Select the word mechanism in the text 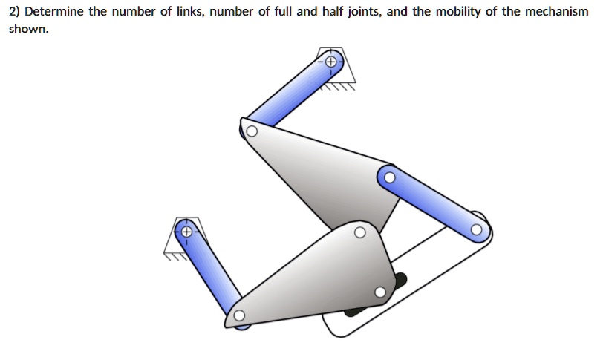tap(555, 12)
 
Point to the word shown tap(28, 30)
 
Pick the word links tap(189, 12)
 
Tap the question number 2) tap(14, 12)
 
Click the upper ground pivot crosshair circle tap(330, 61)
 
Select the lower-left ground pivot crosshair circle tap(186, 232)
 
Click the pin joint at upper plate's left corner tap(252, 132)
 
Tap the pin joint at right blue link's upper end tap(389, 177)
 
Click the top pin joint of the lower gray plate tap(359, 232)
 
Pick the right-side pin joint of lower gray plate tap(380, 292)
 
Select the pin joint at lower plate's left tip tap(238, 316)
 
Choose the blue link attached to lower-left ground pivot tap(209, 272)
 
